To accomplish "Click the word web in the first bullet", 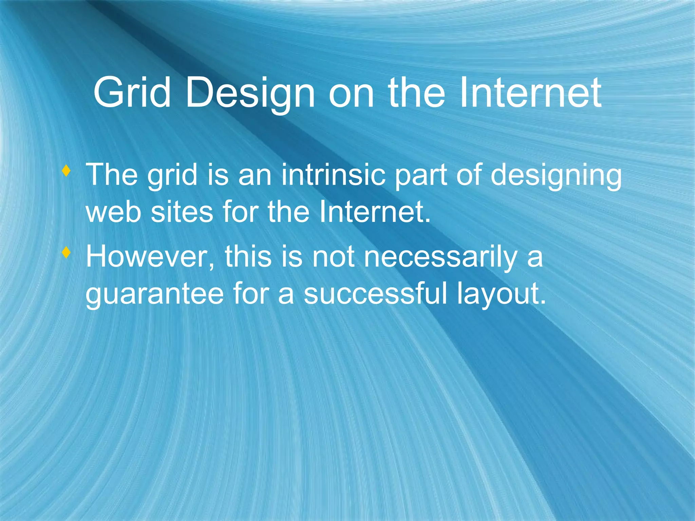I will pos(113,212).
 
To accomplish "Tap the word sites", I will pos(182,212).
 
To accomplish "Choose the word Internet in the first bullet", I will pos(375,212).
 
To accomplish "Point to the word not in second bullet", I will pos(333,257).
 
